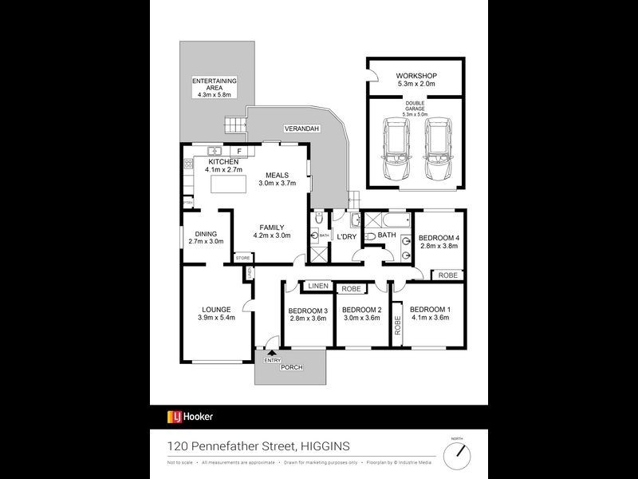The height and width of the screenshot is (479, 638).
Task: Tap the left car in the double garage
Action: tap(396, 149)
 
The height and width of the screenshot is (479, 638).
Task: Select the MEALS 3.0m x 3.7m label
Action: tap(278, 179)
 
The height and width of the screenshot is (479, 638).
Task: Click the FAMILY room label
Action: tap(272, 232)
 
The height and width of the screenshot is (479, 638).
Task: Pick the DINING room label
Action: tap(206, 237)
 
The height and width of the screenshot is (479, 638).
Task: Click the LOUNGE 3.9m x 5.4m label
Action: tap(216, 313)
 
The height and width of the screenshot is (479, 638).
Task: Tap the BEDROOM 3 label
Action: tap(308, 315)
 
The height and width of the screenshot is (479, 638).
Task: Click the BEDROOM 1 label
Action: tap(430, 313)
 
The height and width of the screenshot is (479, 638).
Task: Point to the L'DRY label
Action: tap(346, 237)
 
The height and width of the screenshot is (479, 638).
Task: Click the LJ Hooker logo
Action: tap(190, 416)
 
